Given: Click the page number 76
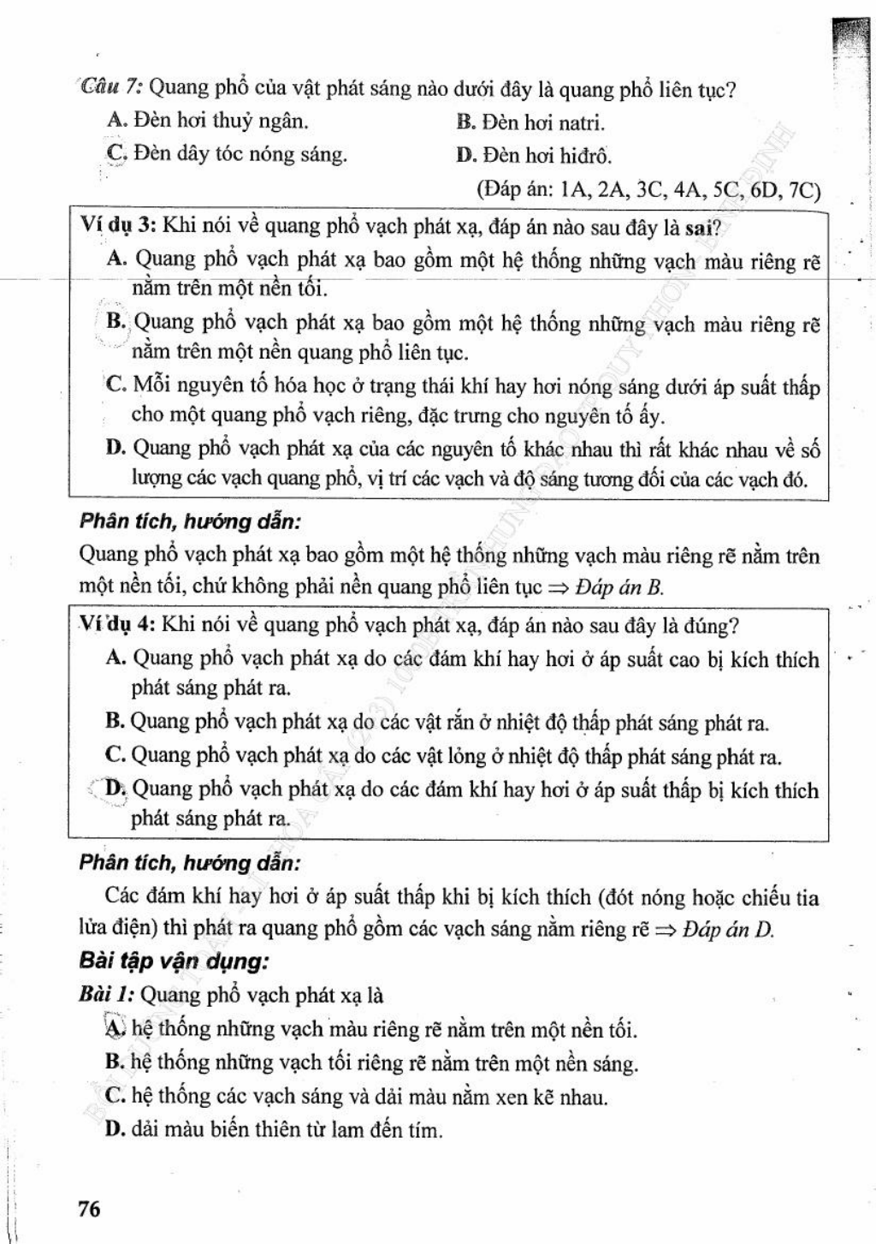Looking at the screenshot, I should [x=89, y=1209].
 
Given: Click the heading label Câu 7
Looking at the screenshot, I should [x=113, y=88].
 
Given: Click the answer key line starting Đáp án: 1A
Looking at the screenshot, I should [x=648, y=189].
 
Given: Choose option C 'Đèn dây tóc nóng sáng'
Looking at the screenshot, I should [x=228, y=155].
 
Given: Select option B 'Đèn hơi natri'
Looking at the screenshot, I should [x=531, y=122].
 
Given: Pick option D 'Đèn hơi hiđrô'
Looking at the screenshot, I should [x=535, y=156].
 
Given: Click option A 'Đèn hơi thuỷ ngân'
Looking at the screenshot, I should [x=208, y=122].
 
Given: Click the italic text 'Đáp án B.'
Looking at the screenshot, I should [x=620, y=588].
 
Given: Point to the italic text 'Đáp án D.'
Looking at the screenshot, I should [x=729, y=931].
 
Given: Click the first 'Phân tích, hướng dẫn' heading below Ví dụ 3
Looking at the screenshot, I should [x=189, y=521].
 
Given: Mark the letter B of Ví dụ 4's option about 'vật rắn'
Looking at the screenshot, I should [x=115, y=722].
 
